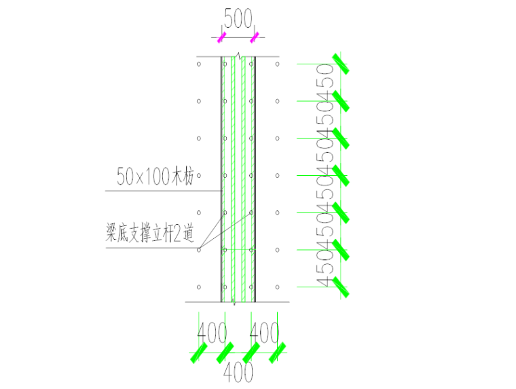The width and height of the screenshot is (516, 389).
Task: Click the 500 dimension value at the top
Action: [237, 20]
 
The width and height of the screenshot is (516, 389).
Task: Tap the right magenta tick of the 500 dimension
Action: [255, 38]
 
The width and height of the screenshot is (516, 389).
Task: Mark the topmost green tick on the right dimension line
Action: [340, 64]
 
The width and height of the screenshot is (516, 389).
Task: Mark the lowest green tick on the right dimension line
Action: [340, 287]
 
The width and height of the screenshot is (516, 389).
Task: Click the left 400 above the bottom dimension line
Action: [212, 333]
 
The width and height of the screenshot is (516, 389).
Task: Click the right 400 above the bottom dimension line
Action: [264, 333]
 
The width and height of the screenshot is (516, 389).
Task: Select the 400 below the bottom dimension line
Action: [238, 372]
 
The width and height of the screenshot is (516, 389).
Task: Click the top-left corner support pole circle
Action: [198, 64]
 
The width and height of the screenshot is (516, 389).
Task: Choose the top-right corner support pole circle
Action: [278, 64]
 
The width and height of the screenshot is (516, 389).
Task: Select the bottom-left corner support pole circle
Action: [198, 286]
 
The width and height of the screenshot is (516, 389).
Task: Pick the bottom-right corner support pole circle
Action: [278, 286]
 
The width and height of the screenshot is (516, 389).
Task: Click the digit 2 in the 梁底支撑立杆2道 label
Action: [177, 235]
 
